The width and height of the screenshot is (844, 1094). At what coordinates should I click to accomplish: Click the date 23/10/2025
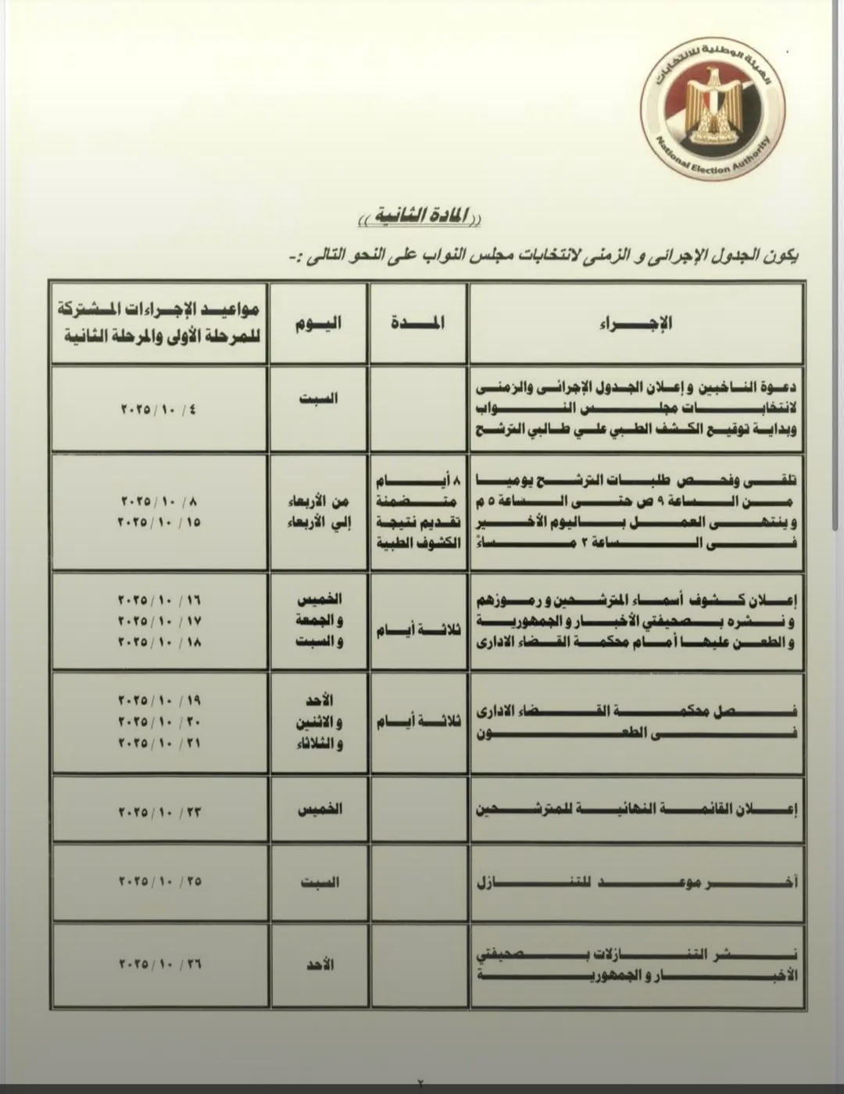(x=159, y=812)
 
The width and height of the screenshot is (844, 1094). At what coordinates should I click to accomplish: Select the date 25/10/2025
(x=159, y=881)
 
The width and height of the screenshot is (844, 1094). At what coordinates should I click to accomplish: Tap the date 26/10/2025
(x=159, y=965)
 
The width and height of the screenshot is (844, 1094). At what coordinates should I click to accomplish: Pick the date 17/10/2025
(x=159, y=621)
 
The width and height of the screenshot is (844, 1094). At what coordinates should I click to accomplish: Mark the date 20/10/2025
(x=159, y=720)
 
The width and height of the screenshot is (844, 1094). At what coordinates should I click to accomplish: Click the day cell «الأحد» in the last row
(x=319, y=965)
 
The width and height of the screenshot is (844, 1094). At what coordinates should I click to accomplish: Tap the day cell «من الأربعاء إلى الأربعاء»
(x=319, y=511)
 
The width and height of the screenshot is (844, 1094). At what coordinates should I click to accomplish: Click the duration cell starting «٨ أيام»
(x=418, y=511)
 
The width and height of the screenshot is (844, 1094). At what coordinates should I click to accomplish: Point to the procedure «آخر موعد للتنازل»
(x=636, y=882)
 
